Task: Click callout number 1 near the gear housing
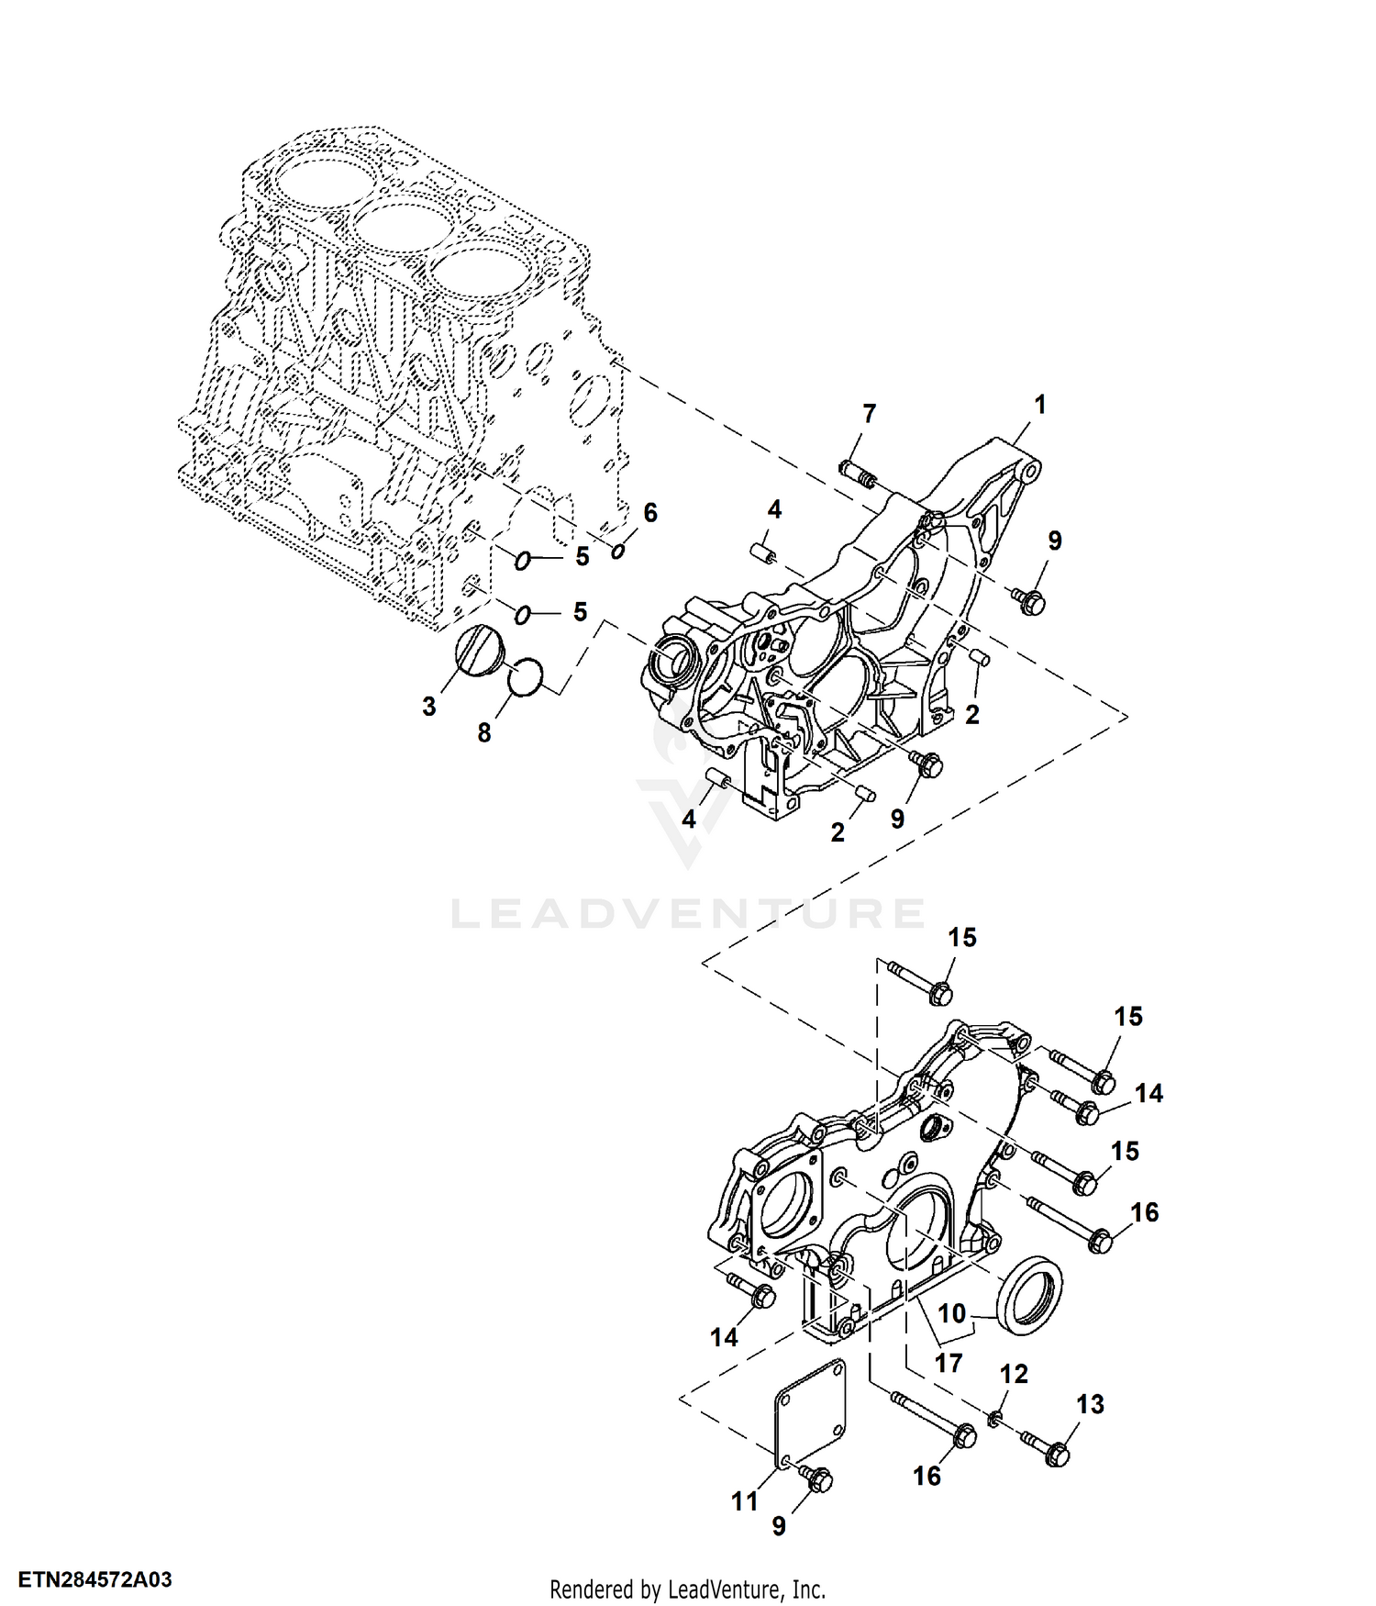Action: [x=1039, y=404]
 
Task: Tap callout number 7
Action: [x=869, y=414]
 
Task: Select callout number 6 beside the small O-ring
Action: [x=650, y=512]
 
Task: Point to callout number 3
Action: [x=429, y=706]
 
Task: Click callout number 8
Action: [x=484, y=732]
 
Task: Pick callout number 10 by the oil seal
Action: [x=952, y=1313]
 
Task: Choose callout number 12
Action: [x=1014, y=1374]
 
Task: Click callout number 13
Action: [x=1090, y=1404]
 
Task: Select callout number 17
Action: [x=949, y=1363]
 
